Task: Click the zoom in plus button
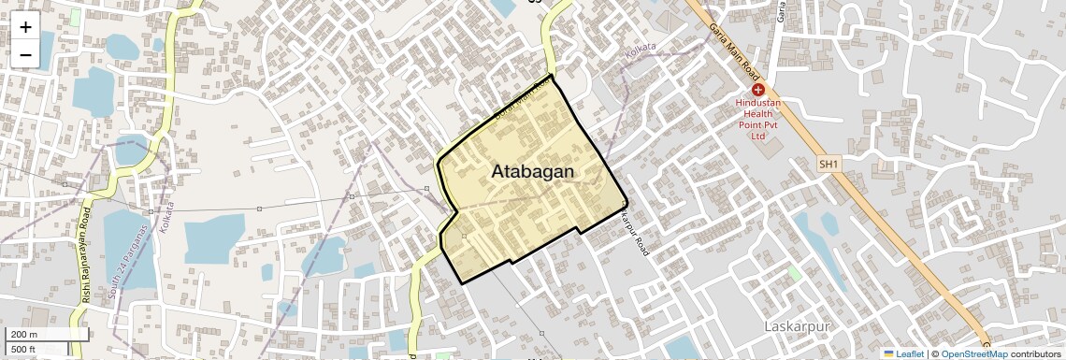pos(25,27)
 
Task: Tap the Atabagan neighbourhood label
pos(532,172)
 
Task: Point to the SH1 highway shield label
pos(828,164)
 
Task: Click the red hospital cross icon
pos(757,89)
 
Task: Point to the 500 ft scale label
pos(24,350)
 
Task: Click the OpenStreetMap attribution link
pos(974,353)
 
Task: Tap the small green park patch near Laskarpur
pos(795,273)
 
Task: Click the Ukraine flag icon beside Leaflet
pos(889,353)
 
